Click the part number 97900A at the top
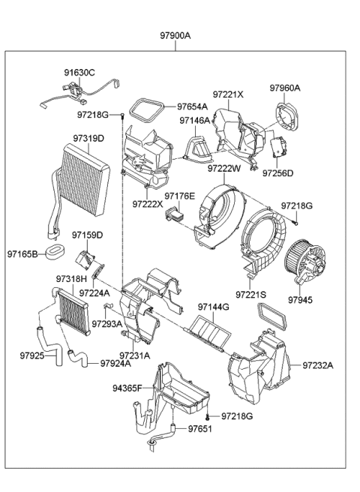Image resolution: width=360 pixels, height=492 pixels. coord(175,35)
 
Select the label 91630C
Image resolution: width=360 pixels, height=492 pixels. coord(79,72)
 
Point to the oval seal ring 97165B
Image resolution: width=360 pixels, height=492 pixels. coord(53,248)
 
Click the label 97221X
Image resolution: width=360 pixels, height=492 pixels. coord(228,94)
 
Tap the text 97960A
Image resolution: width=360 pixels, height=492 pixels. coord(285,88)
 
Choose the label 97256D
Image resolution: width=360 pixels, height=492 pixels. coord(277,174)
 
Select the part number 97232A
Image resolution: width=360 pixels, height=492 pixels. coord(318,365)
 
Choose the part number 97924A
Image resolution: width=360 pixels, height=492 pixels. coord(115,364)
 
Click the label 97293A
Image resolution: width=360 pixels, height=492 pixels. coord(106,324)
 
